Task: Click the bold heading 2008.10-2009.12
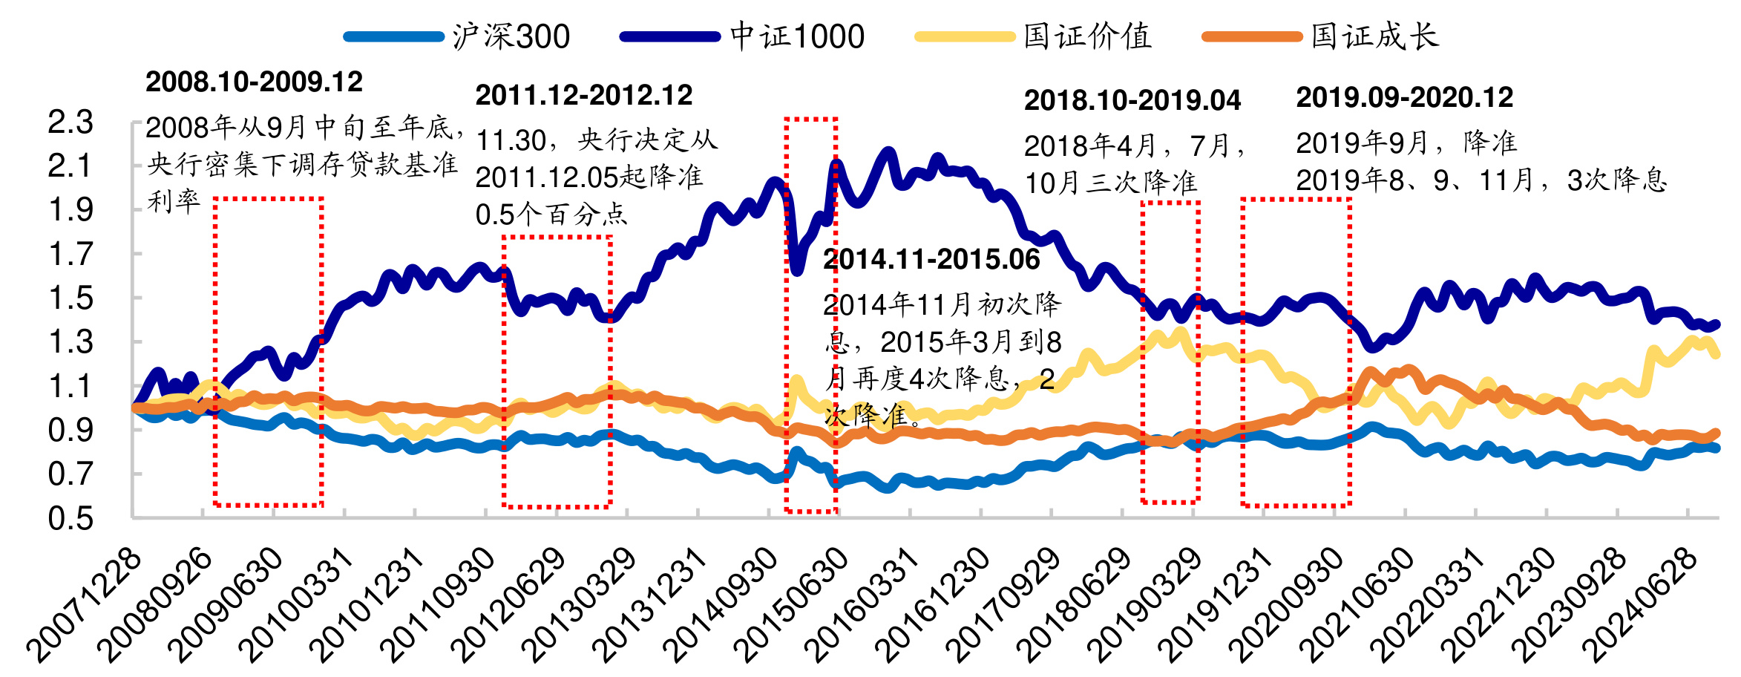click(254, 82)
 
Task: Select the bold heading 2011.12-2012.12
click(583, 95)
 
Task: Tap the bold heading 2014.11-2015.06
click(931, 259)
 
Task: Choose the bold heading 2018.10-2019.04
click(1132, 100)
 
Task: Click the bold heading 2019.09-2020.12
click(1404, 97)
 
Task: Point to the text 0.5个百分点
click(551, 215)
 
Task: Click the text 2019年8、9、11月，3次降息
click(1481, 180)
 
